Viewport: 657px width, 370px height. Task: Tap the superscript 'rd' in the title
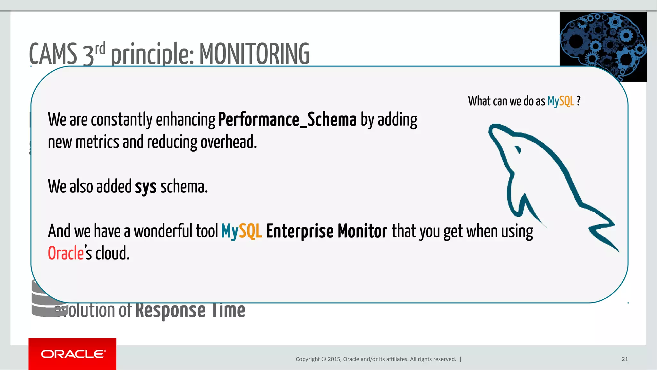[x=100, y=48]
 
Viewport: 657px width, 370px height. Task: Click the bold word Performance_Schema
[x=287, y=120]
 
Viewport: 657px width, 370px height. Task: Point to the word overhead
[x=228, y=142]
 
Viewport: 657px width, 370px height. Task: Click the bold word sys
[x=145, y=187]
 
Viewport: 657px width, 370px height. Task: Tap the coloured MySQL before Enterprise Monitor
[x=241, y=231]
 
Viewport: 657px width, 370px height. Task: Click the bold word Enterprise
[x=300, y=231]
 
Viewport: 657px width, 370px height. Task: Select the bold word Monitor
[x=362, y=231]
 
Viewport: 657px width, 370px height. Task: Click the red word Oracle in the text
[x=66, y=253]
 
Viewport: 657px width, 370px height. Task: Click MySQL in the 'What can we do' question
[x=560, y=101]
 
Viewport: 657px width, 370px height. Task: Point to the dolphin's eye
[x=517, y=150]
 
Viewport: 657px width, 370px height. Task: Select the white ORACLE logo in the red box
[x=73, y=354]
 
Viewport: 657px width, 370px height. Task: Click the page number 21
[x=625, y=359]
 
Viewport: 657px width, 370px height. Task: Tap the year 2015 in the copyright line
[x=334, y=359]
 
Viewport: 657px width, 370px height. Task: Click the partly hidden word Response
[x=170, y=310]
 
